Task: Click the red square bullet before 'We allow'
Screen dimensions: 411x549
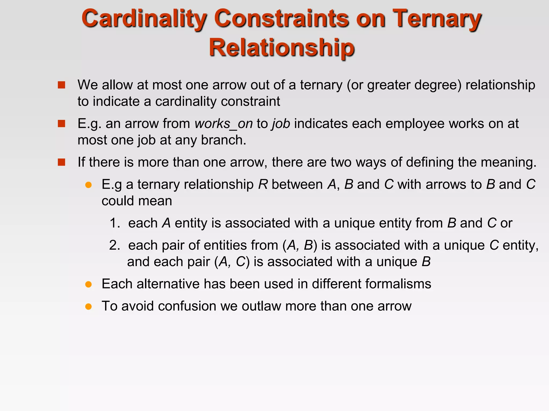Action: point(61,85)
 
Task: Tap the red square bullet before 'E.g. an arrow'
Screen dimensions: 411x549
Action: point(61,124)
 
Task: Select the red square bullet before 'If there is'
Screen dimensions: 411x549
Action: point(61,162)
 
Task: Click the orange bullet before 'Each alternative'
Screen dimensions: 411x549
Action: point(88,284)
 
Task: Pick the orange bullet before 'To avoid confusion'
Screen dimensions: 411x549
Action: point(88,306)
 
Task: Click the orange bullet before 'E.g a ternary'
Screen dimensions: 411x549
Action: point(88,185)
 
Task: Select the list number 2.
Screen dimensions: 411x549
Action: point(114,245)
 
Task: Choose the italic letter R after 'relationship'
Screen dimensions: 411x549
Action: point(263,185)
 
